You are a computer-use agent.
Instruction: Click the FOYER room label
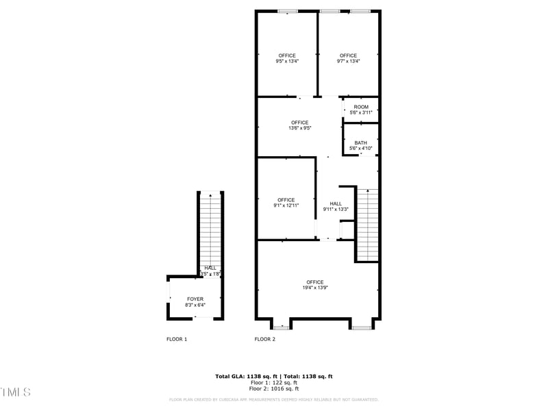tap(195, 299)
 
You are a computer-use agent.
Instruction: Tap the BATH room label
tap(360, 143)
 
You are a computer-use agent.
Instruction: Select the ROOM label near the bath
tap(361, 107)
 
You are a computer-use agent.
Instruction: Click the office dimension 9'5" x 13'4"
tap(287, 61)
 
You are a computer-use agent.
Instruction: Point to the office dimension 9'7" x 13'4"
tap(348, 61)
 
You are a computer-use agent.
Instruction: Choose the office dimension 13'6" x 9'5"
tap(299, 128)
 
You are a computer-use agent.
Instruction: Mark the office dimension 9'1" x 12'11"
tap(286, 206)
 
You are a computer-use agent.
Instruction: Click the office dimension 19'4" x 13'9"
tap(315, 288)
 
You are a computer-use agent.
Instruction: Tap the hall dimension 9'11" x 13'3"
tap(336, 209)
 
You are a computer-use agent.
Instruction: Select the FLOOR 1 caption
tap(177, 339)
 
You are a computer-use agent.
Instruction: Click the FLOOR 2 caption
tap(265, 339)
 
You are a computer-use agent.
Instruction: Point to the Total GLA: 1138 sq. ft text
tap(242, 377)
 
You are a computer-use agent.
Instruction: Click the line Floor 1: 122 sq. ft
tap(274, 383)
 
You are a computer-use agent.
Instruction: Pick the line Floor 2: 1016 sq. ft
tap(274, 388)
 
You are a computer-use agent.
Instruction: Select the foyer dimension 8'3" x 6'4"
tap(195, 305)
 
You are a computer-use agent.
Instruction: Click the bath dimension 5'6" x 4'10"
tap(360, 149)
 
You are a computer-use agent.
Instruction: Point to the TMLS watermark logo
tap(15, 392)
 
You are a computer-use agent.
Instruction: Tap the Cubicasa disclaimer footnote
tap(274, 399)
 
